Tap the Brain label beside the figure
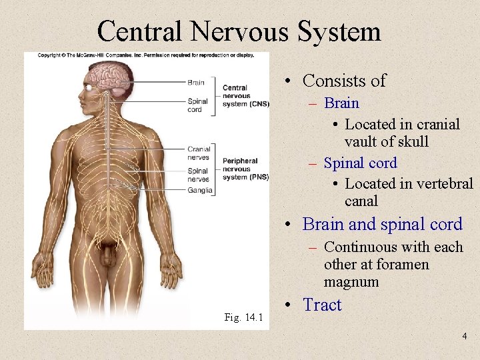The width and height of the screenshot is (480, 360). point(196,83)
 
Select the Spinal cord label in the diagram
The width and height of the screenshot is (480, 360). point(197,105)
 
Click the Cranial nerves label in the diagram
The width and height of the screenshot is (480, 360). point(199,153)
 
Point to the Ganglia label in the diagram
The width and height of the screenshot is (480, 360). point(200,191)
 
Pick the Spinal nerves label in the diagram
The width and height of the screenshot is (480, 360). point(198,175)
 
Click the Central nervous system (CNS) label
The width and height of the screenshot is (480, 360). point(245,95)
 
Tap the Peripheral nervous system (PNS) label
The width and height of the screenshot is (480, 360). point(245,169)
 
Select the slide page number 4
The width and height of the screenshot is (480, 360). point(465,337)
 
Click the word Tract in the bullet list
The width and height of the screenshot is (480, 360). point(321,305)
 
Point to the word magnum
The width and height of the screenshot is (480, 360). point(351,282)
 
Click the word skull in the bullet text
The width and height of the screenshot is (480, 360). point(411,142)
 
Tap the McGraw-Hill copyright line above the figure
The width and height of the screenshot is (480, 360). point(147,55)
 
